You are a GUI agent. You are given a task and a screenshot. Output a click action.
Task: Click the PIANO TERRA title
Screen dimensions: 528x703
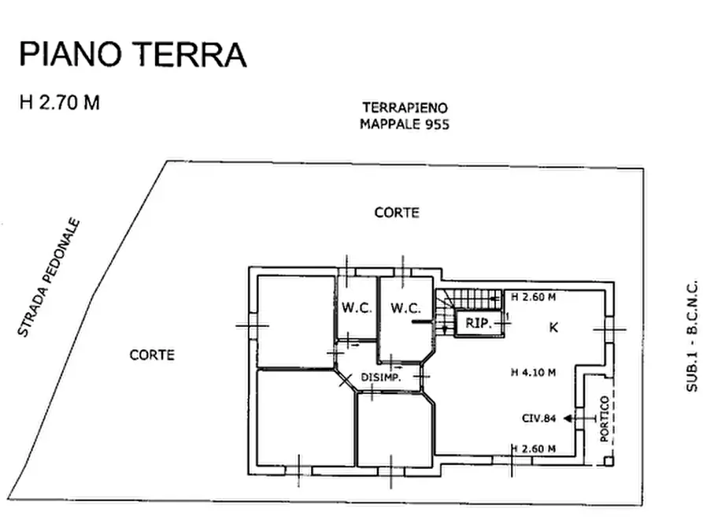pos(132,55)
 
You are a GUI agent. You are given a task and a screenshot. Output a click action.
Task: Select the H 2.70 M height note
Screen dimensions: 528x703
pos(60,102)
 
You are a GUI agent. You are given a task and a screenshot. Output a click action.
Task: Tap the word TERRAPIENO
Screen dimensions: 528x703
pos(405,107)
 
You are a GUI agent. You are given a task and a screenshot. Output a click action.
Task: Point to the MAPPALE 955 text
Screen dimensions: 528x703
pos(405,124)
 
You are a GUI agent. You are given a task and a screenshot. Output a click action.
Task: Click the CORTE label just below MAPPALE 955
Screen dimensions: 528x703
pos(397,213)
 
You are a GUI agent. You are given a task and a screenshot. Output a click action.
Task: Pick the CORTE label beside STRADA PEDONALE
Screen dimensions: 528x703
pos(152,355)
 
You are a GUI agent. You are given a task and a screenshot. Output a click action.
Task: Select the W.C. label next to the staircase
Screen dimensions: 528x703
pos(405,308)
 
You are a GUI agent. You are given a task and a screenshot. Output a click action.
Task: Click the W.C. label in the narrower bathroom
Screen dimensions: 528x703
pos(357,308)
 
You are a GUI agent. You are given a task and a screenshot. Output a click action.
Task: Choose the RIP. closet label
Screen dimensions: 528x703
pos(478,323)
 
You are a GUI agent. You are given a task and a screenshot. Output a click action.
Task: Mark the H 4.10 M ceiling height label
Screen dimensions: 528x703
pos(533,373)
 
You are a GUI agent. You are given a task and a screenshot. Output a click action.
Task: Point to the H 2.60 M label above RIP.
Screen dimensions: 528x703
pos(533,298)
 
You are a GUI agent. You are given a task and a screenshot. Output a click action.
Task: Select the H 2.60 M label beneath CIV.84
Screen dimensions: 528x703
pos(533,449)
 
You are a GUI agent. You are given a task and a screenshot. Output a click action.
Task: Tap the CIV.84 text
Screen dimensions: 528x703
pos(539,418)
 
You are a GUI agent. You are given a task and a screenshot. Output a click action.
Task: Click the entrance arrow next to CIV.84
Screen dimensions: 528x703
pos(570,418)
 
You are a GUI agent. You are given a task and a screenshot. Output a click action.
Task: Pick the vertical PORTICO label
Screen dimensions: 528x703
pos(605,419)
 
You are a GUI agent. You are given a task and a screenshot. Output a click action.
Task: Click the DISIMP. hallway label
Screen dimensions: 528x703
pos(381,378)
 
